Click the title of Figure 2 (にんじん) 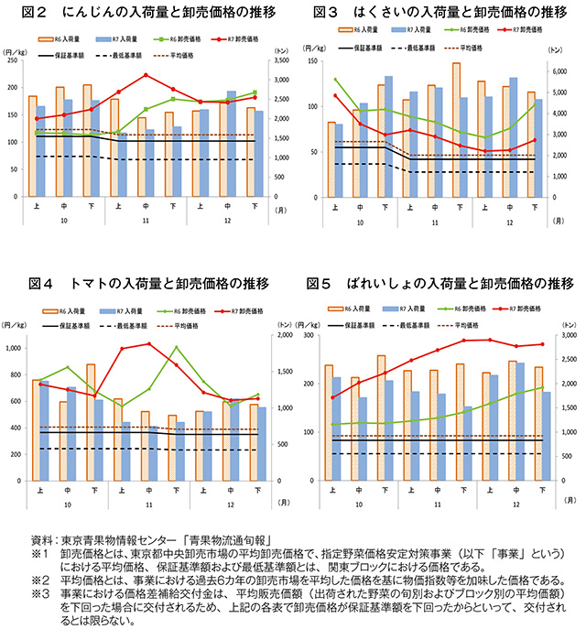(146, 13)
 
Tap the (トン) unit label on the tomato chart (283, 324)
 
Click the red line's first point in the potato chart (332, 397)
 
